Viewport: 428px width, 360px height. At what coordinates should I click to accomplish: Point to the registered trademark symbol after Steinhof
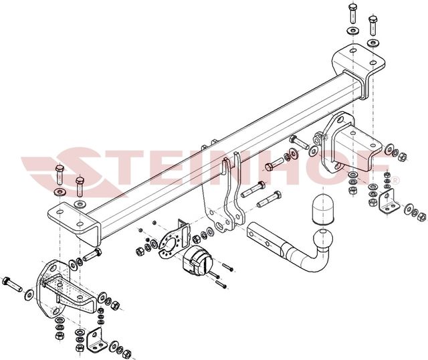(x=396, y=181)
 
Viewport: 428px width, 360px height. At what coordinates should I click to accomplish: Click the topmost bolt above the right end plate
(x=353, y=13)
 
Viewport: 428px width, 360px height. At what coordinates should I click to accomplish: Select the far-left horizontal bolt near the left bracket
(x=12, y=284)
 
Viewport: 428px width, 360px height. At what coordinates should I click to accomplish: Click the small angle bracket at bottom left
(x=96, y=341)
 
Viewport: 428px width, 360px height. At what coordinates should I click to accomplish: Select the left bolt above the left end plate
(x=60, y=174)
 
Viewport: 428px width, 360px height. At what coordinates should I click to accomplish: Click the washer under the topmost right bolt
(x=353, y=30)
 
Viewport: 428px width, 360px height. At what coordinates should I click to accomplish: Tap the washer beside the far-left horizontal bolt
(x=29, y=295)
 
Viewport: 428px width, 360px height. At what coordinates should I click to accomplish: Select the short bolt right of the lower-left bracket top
(x=92, y=254)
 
